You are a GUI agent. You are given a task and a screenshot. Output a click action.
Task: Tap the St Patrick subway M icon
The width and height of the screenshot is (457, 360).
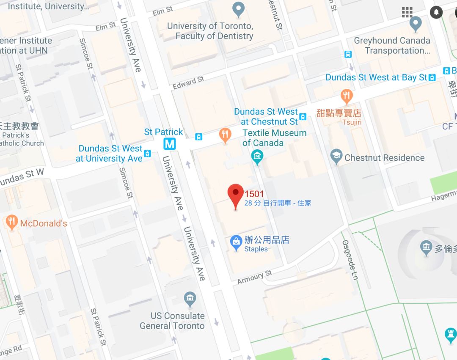[170, 144]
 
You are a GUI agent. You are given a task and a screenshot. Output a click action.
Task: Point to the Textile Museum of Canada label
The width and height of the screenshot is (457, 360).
[274, 138]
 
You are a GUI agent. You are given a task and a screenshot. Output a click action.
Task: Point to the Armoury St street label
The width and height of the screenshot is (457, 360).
[254, 278]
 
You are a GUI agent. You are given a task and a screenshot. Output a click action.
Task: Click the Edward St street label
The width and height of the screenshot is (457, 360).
[188, 82]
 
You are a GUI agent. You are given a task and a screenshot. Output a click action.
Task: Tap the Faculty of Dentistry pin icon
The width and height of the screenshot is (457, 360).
[239, 9]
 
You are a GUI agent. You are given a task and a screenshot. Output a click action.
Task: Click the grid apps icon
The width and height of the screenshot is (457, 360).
[407, 12]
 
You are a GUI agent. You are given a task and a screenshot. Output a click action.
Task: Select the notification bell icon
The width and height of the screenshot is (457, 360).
[436, 12]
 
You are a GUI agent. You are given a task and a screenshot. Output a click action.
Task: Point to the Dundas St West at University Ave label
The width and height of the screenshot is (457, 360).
[110, 153]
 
